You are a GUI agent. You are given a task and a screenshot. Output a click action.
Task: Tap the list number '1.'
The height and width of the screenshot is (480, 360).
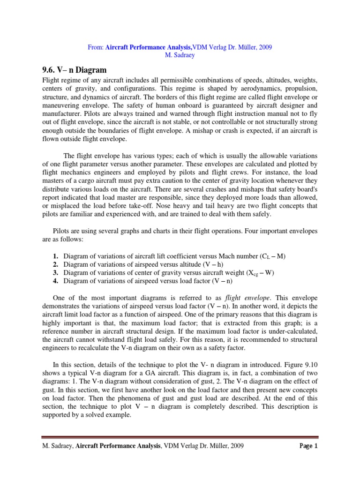(x=55, y=256)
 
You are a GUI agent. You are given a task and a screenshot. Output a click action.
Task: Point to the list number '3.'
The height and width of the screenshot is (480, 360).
(x=55, y=273)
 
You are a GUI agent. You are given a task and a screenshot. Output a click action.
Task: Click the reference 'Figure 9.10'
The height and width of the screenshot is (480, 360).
(x=300, y=363)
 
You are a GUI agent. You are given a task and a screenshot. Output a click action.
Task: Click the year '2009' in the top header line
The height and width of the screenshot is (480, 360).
(x=264, y=47)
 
